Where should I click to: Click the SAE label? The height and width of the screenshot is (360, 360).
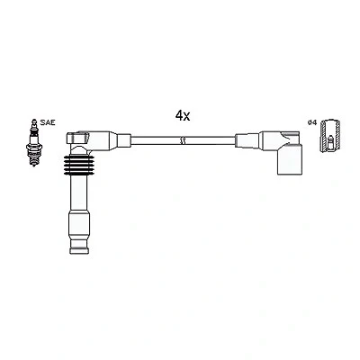[48, 122]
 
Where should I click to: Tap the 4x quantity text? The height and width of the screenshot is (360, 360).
[183, 115]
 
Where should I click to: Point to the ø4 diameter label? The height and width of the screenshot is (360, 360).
[312, 122]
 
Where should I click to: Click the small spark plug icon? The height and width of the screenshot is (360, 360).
[34, 142]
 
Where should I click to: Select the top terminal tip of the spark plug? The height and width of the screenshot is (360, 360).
[34, 121]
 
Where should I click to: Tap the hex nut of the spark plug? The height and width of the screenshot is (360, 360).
[34, 148]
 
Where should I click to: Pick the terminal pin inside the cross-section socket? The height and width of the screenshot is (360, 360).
[330, 142]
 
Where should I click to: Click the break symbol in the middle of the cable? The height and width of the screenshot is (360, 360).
[183, 140]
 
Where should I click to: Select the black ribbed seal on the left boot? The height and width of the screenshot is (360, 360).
[79, 166]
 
